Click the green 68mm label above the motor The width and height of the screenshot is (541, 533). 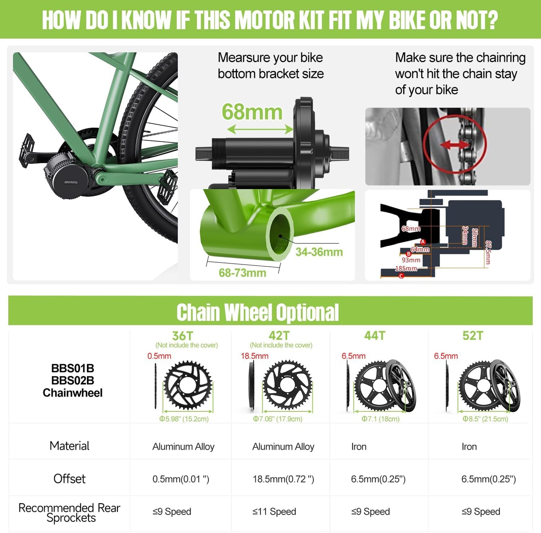pyautogui.click(x=252, y=112)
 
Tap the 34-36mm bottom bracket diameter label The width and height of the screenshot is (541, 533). pyautogui.click(x=319, y=252)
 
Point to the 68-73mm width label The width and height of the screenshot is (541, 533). pyautogui.click(x=242, y=273)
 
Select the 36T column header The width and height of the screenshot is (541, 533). pyautogui.click(x=182, y=336)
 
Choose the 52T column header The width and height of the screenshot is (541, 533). pyautogui.click(x=473, y=336)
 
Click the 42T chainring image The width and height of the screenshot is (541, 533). pyautogui.click(x=287, y=385)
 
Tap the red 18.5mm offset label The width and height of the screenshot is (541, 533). pyautogui.click(x=255, y=356)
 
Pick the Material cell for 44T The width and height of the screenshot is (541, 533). pyautogui.click(x=359, y=446)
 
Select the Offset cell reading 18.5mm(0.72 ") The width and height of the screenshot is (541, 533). pyautogui.click(x=283, y=479)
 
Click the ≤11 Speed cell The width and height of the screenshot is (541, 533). pyautogui.click(x=274, y=512)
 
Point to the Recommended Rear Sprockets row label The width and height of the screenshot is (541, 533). pyautogui.click(x=70, y=513)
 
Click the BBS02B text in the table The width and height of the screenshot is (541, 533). pyautogui.click(x=73, y=381)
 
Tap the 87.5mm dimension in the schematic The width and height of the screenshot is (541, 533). pyautogui.click(x=488, y=252)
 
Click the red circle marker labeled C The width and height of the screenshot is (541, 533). pyautogui.click(x=401, y=276)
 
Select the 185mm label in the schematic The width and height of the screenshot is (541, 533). pyautogui.click(x=406, y=269)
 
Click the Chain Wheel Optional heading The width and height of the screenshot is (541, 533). pyautogui.click(x=258, y=312)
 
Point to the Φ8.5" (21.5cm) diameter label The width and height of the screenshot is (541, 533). pyautogui.click(x=485, y=419)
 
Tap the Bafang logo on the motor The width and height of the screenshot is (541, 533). pyautogui.click(x=71, y=182)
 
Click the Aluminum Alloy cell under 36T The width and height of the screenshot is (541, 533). pyautogui.click(x=183, y=446)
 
